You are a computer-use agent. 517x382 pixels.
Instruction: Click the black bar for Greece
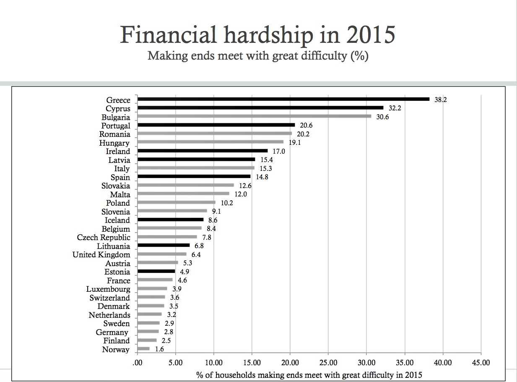283,99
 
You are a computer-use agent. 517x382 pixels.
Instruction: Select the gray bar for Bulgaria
254,116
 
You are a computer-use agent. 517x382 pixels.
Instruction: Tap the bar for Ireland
203,150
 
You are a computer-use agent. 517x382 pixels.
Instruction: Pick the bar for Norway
143,348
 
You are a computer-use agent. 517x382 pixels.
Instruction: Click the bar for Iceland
170,219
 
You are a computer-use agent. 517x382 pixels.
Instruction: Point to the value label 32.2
395,108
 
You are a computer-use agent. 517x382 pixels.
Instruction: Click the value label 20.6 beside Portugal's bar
307,126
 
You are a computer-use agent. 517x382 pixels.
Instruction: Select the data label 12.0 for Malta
241,194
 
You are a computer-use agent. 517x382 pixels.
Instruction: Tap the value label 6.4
196,254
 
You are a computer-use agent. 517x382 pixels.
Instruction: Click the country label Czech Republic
104,238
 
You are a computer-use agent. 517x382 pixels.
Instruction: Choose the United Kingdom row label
101,255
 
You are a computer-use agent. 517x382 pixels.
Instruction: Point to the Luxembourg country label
108,289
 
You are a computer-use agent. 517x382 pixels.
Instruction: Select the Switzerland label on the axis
109,298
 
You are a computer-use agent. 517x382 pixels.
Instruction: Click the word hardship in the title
265,35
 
